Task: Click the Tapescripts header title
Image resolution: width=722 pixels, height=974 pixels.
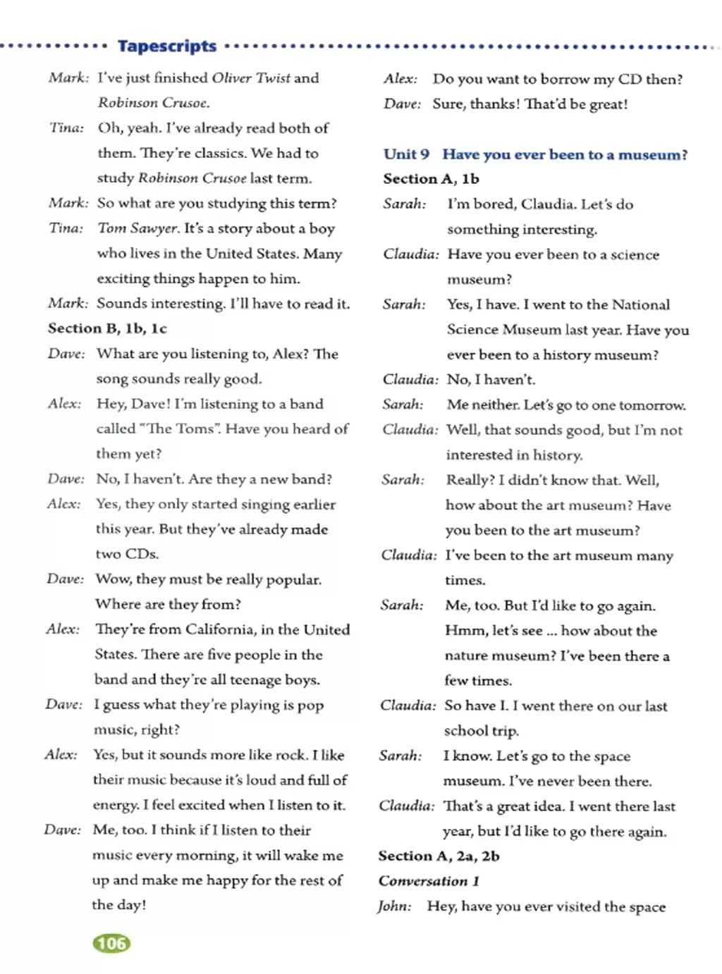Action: (167, 47)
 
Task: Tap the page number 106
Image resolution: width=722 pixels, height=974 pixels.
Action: (111, 943)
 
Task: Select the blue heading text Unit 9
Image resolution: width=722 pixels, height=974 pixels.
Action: (406, 154)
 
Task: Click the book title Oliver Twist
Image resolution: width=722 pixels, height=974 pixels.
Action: (251, 78)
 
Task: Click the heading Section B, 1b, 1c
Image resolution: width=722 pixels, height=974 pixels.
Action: (107, 328)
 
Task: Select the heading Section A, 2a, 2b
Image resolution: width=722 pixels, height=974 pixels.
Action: (439, 856)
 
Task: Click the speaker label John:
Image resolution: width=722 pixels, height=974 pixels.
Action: (394, 906)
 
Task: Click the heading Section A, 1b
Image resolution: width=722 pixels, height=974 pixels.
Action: (431, 179)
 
